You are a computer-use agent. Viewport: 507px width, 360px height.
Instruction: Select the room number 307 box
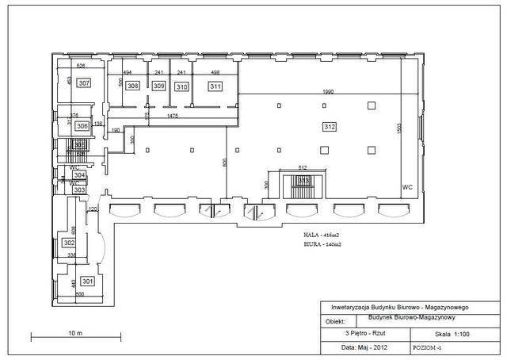tap(84, 82)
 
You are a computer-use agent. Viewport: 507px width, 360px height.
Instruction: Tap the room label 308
tap(133, 86)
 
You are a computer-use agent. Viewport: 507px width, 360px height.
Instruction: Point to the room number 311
tap(215, 86)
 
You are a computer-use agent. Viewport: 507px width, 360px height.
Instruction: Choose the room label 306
tap(82, 125)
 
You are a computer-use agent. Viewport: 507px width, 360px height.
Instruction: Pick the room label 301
tap(87, 281)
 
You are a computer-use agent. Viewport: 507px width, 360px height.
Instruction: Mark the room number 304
tap(79, 174)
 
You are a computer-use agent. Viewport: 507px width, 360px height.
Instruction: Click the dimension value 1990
tap(327, 93)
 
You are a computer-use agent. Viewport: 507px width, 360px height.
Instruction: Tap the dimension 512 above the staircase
tap(303, 167)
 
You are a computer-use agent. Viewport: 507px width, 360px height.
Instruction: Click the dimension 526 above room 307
tap(80, 66)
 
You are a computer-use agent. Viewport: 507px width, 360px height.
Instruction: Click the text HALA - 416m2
tap(322, 236)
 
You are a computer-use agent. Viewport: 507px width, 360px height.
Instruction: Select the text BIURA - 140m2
tap(323, 245)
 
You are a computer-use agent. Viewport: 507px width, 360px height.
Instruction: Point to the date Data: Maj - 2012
tap(364, 347)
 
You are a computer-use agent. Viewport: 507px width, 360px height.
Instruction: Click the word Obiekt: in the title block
tap(336, 322)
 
